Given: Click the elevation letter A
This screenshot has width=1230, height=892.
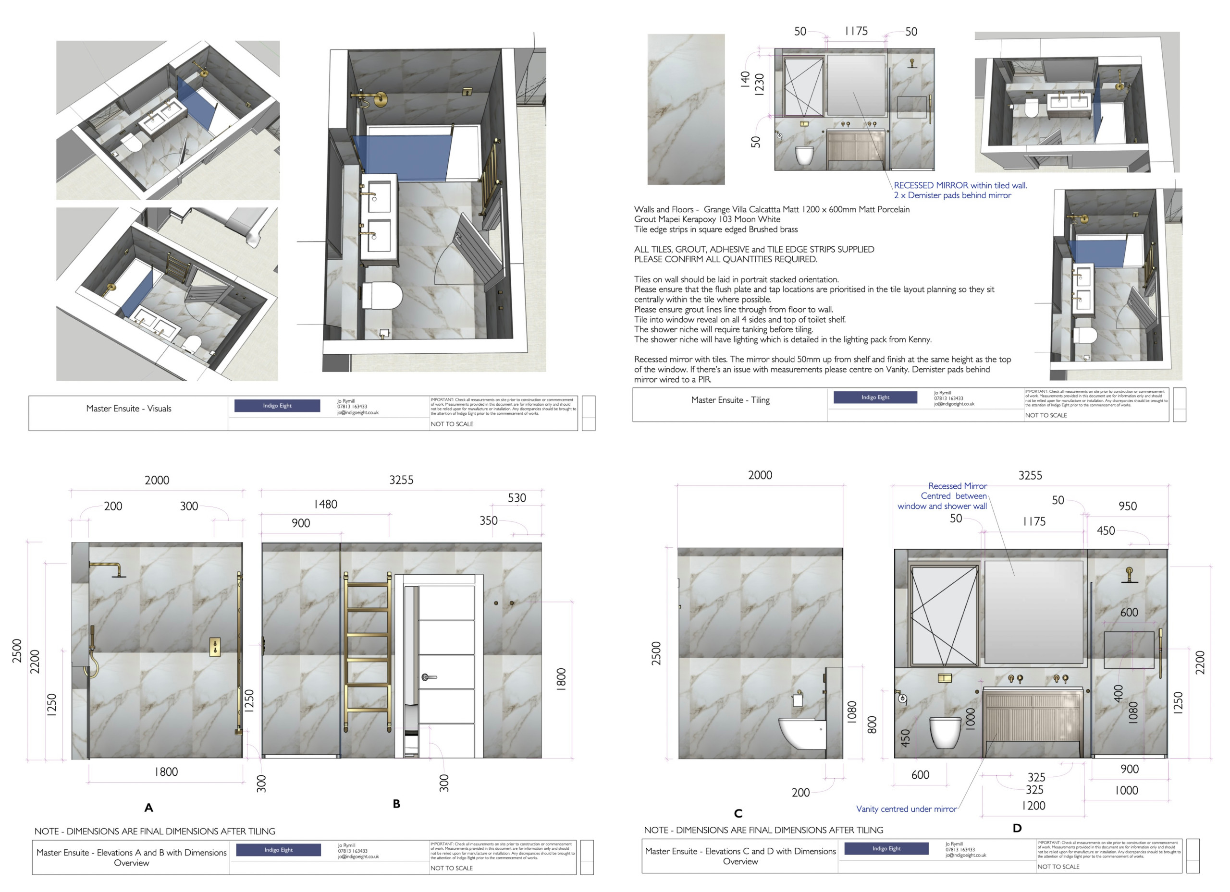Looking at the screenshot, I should click(148, 808).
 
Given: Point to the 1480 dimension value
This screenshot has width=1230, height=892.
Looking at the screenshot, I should click(325, 505).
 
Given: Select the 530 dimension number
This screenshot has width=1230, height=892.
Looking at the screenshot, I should click(517, 498).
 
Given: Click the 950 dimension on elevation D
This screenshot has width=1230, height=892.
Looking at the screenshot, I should click(1127, 506).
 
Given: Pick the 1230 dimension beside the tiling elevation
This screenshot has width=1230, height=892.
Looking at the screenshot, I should click(759, 84).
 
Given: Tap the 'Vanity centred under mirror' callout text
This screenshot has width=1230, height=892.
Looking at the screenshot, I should click(906, 809).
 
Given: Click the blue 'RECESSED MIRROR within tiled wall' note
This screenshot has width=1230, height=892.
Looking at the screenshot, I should click(960, 185).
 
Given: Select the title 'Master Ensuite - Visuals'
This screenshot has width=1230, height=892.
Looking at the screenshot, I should click(129, 409).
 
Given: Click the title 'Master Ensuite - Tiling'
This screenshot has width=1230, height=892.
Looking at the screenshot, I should click(730, 400).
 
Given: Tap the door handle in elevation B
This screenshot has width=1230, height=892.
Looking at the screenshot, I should click(429, 677).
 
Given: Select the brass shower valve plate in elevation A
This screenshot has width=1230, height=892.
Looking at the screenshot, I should click(215, 647).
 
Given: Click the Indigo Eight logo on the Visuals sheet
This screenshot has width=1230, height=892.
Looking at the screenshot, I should click(277, 405).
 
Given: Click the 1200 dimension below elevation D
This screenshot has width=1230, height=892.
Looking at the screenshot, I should click(1033, 806).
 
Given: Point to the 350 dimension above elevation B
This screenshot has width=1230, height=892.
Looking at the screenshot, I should click(488, 521).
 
